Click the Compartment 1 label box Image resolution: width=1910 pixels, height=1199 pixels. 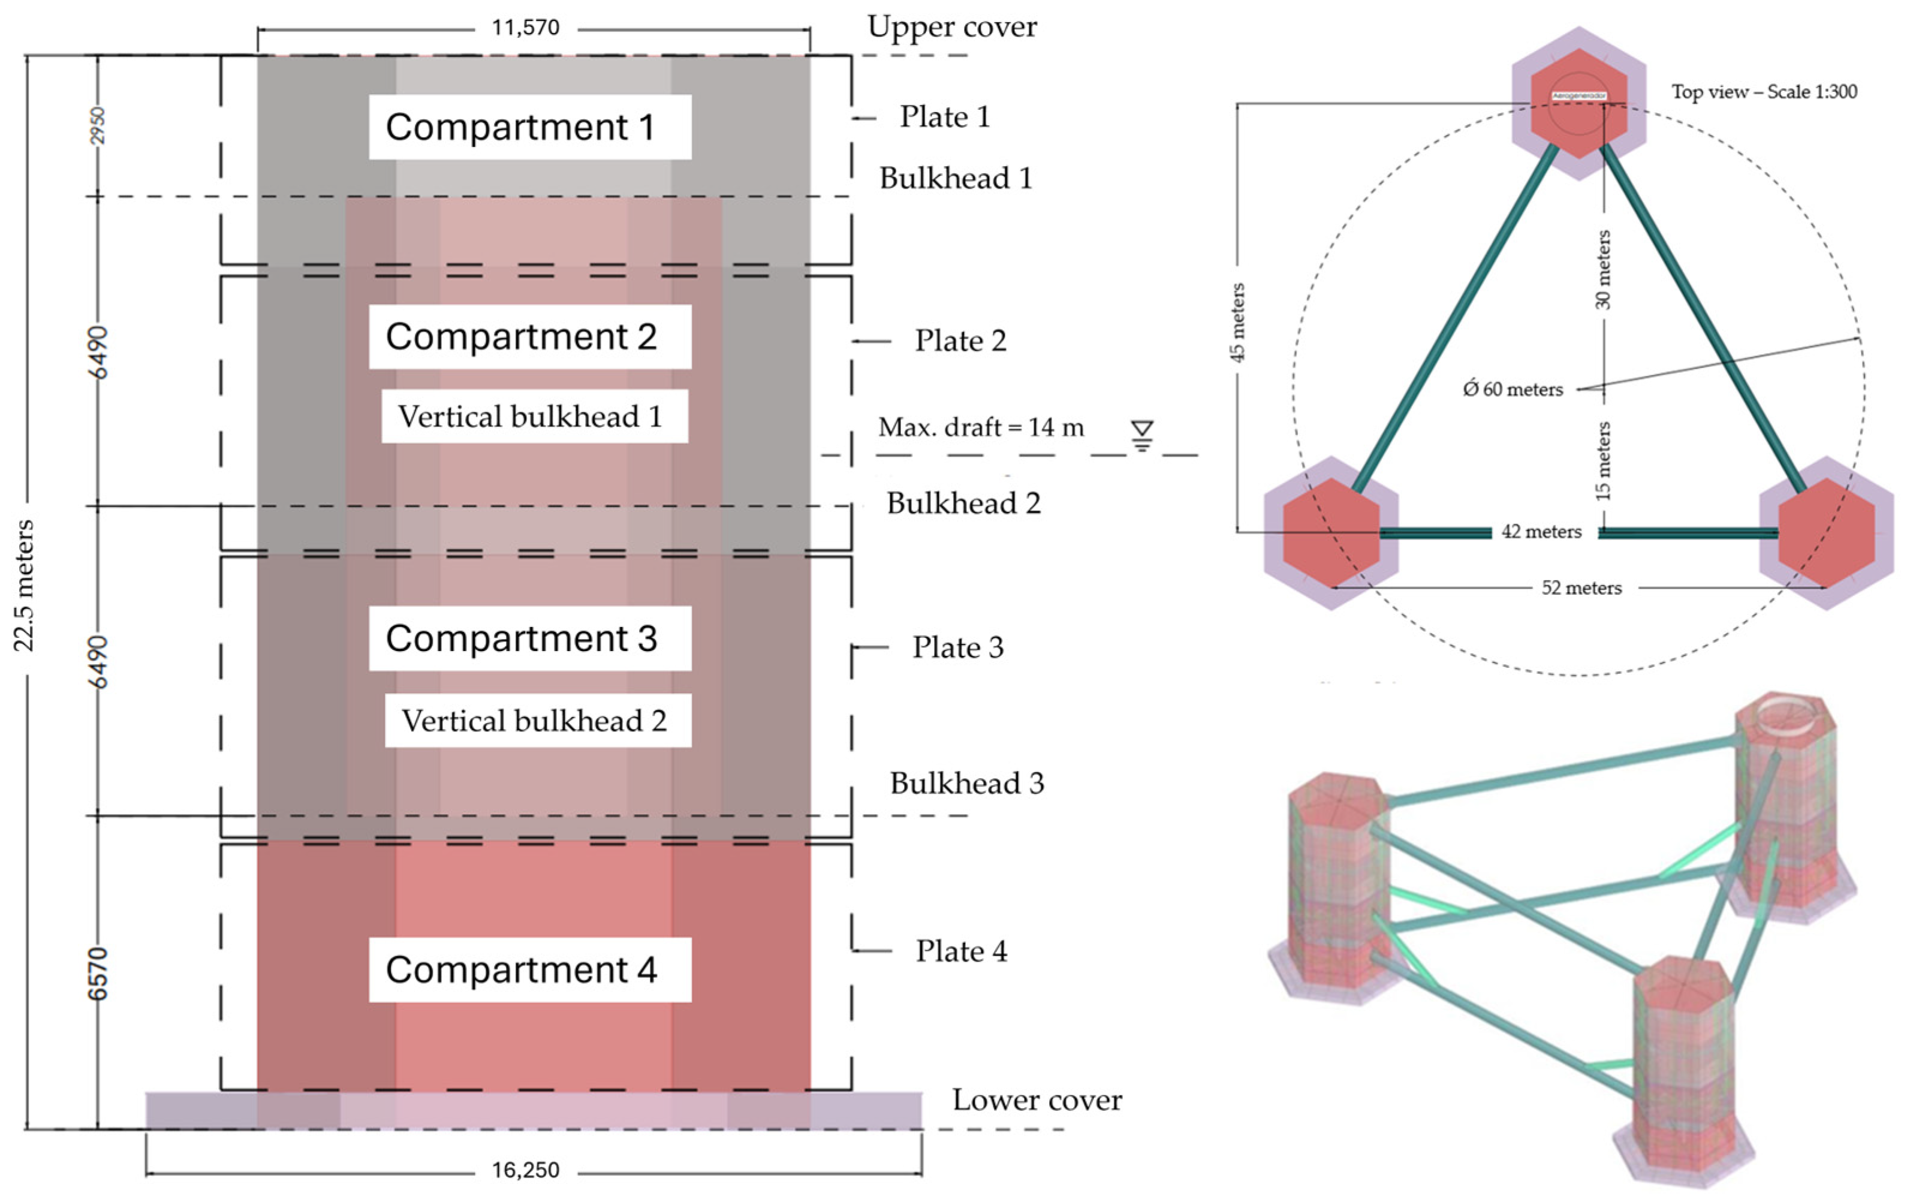click(x=529, y=127)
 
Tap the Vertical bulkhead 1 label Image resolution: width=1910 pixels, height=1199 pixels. click(x=534, y=416)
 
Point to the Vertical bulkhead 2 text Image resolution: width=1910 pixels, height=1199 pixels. click(x=538, y=720)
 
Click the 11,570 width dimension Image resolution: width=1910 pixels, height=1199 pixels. click(x=526, y=28)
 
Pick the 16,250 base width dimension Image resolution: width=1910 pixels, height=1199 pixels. click(x=526, y=1170)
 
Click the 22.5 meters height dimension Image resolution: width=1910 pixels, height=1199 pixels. click(x=25, y=585)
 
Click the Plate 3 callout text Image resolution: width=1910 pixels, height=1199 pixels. click(x=958, y=647)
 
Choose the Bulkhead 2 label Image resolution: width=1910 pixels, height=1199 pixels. click(x=963, y=503)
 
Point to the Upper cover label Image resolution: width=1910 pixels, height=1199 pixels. click(x=951, y=27)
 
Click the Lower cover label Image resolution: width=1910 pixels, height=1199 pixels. click(x=1037, y=1100)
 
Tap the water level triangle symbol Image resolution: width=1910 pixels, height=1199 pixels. click(x=1141, y=435)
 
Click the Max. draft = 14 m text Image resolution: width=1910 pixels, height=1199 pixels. click(x=981, y=427)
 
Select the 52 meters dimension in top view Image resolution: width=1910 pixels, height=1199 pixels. click(x=1581, y=588)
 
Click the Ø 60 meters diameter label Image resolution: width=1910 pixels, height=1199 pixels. click(x=1513, y=389)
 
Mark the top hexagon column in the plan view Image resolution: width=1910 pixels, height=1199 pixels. click(x=1578, y=103)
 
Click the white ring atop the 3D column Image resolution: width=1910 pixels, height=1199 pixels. click(x=1785, y=713)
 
